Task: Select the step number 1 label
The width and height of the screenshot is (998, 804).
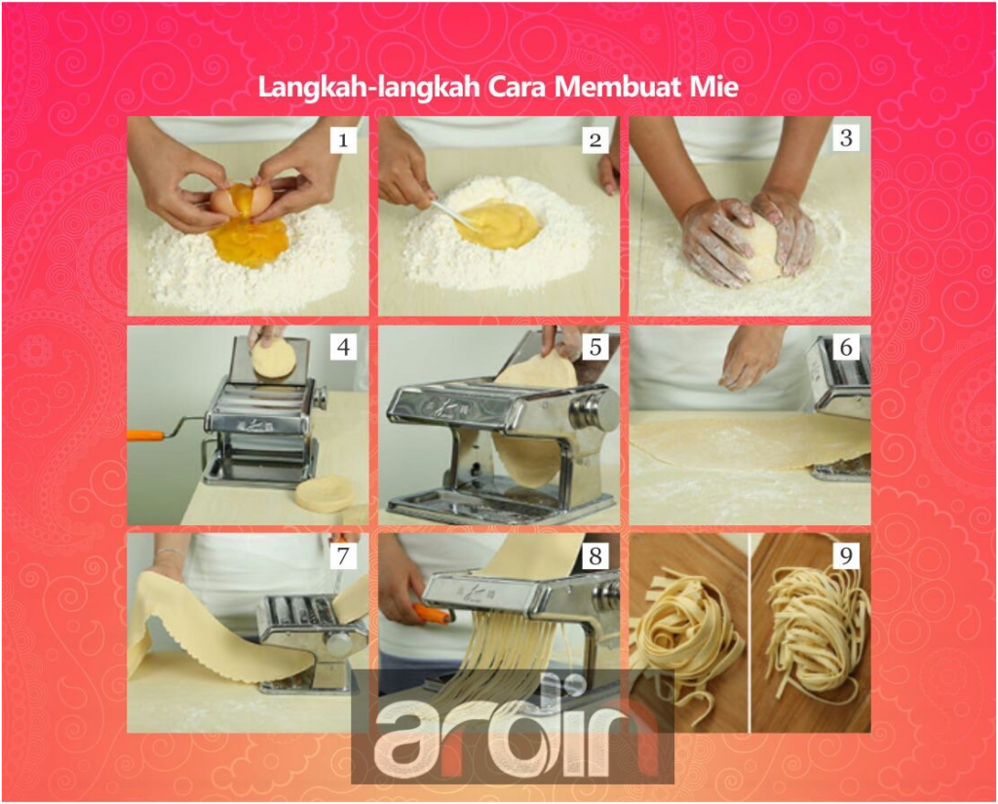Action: pos(342,140)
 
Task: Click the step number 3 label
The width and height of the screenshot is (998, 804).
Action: pos(846,138)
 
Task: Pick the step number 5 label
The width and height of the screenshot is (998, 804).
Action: pos(595,347)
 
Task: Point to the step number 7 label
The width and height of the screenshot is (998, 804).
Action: pos(342,555)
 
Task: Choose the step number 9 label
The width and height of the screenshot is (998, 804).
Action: pos(846,555)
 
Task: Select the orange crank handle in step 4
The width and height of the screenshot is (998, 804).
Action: pos(146,436)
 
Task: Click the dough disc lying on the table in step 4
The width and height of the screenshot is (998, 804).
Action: pos(324,493)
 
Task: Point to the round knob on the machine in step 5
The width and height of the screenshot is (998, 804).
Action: pos(595,409)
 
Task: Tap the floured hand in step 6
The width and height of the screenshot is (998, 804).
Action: pos(751,357)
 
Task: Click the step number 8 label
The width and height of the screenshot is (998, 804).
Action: pos(595,555)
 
